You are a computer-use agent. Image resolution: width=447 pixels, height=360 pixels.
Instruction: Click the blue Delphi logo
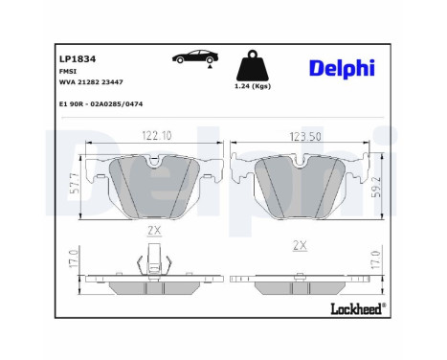342,67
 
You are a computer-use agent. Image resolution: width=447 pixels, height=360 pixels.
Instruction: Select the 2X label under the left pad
154,232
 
